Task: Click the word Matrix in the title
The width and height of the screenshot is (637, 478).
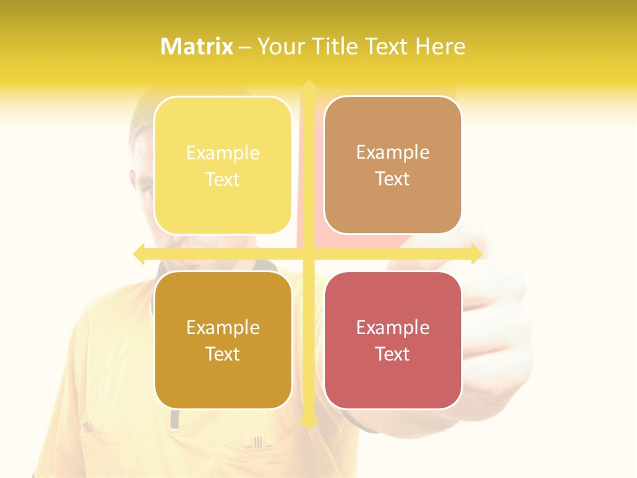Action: pyautogui.click(x=197, y=46)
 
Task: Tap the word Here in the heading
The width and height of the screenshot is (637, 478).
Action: pyautogui.click(x=440, y=46)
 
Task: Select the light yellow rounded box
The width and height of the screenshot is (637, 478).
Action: pyautogui.click(x=223, y=165)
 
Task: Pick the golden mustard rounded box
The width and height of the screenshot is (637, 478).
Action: pyautogui.click(x=223, y=340)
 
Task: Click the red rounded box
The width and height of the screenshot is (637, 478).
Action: pyautogui.click(x=393, y=340)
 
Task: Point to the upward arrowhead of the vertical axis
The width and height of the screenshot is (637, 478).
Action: pyautogui.click(x=308, y=87)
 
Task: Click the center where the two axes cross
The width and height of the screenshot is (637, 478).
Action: pyautogui.click(x=308, y=254)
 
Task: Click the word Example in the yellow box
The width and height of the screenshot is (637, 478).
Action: pyautogui.click(x=223, y=153)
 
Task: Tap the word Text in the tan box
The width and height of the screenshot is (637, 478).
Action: pyautogui.click(x=393, y=179)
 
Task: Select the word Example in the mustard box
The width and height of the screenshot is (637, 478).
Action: pyautogui.click(x=223, y=328)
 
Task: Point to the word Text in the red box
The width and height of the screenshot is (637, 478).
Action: pyautogui.click(x=393, y=355)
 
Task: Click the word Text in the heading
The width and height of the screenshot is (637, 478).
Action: pyautogui.click(x=388, y=46)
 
